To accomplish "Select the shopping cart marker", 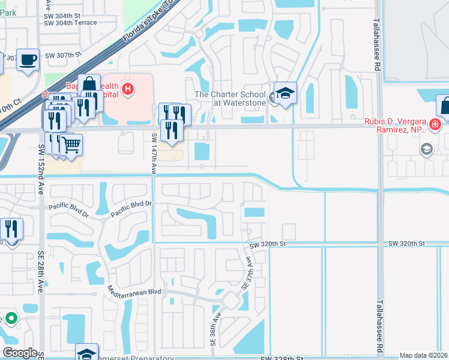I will pyautogui.click(x=71, y=144).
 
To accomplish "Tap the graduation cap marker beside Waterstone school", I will pyautogui.click(x=286, y=93).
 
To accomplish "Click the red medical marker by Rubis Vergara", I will pyautogui.click(x=435, y=125).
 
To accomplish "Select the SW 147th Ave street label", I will pyautogui.click(x=154, y=154).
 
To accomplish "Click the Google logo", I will pyautogui.click(x=20, y=352).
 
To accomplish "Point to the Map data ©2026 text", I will pyautogui.click(x=423, y=355).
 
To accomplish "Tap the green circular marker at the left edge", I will pyautogui.click(x=10, y=317).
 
